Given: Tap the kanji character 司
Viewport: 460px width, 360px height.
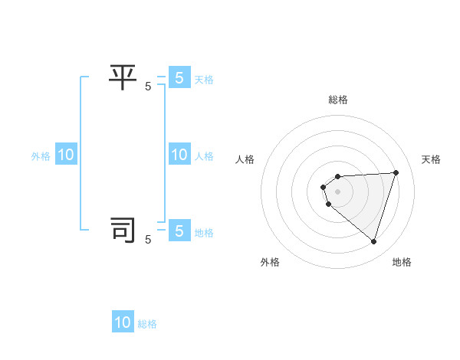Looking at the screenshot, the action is point(123,230).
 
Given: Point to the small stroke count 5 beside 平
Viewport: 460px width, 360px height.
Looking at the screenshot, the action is point(148,87).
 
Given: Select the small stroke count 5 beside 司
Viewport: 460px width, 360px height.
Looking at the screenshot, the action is point(148,240).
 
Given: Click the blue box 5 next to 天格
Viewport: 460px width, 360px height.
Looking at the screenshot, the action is point(179,77).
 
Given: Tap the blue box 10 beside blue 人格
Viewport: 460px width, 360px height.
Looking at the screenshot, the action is point(179,155).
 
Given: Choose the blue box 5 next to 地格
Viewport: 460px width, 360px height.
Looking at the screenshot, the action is point(179,231).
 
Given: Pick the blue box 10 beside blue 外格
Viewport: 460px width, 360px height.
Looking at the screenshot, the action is point(66,155).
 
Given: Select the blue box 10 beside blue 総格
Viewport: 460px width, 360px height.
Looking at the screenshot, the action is point(123,322).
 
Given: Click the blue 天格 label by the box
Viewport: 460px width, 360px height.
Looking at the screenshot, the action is point(204,80).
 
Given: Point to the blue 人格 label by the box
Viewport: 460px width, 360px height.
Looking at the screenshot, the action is point(204,156).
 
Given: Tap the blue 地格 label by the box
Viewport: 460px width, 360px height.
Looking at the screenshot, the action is point(204,233).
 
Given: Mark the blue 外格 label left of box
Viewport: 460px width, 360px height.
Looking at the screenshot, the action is point(41,156).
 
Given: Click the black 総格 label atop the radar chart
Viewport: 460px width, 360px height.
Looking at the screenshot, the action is point(338,100).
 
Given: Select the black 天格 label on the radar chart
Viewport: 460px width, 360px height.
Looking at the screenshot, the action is point(431,159).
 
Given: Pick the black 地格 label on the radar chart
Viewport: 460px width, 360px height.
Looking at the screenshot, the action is point(402,262).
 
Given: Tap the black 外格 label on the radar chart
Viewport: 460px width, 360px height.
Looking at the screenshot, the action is point(270,262).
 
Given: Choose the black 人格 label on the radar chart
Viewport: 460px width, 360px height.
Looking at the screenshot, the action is point(245,159).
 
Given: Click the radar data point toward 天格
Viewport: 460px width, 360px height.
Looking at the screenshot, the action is point(396,172).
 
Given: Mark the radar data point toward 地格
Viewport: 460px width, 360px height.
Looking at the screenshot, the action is point(373,242).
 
